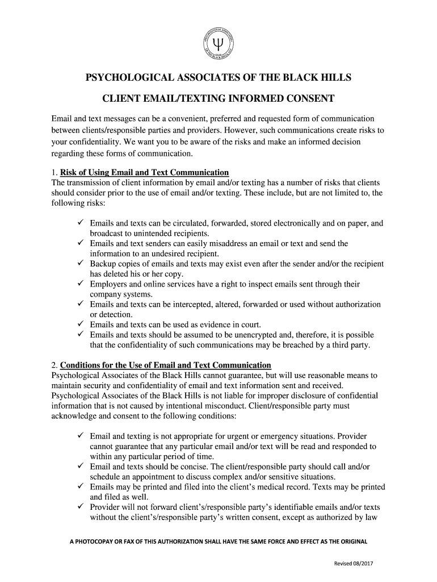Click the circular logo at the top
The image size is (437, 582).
point(218,43)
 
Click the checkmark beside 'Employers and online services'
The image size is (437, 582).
point(81,284)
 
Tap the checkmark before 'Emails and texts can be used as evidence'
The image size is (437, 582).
point(81,325)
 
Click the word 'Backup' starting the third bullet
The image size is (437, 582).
point(103,264)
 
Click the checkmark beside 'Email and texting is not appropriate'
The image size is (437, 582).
point(81,436)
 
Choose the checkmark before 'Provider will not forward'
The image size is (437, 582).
point(81,508)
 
